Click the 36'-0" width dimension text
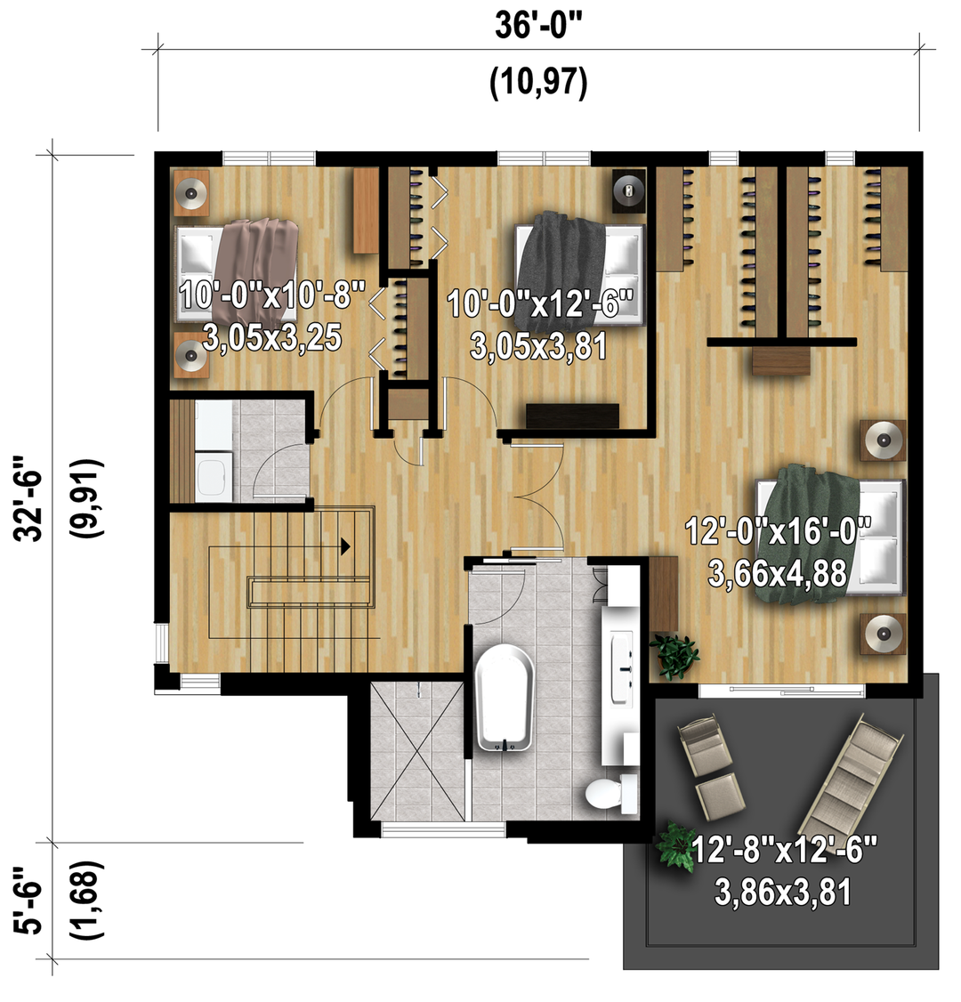click(538, 27)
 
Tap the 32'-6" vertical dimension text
click(28, 497)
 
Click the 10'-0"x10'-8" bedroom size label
click(272, 295)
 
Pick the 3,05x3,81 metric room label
click(538, 347)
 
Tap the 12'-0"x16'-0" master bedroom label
click(778, 531)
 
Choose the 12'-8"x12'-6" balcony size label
click(784, 850)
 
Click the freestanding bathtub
click(505, 697)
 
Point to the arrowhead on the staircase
click(345, 546)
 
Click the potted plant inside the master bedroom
click(674, 655)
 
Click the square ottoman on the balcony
click(720, 797)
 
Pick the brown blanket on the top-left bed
click(254, 269)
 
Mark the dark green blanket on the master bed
click(809, 534)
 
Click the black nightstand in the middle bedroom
click(629, 190)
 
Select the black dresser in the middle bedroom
click(572, 416)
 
